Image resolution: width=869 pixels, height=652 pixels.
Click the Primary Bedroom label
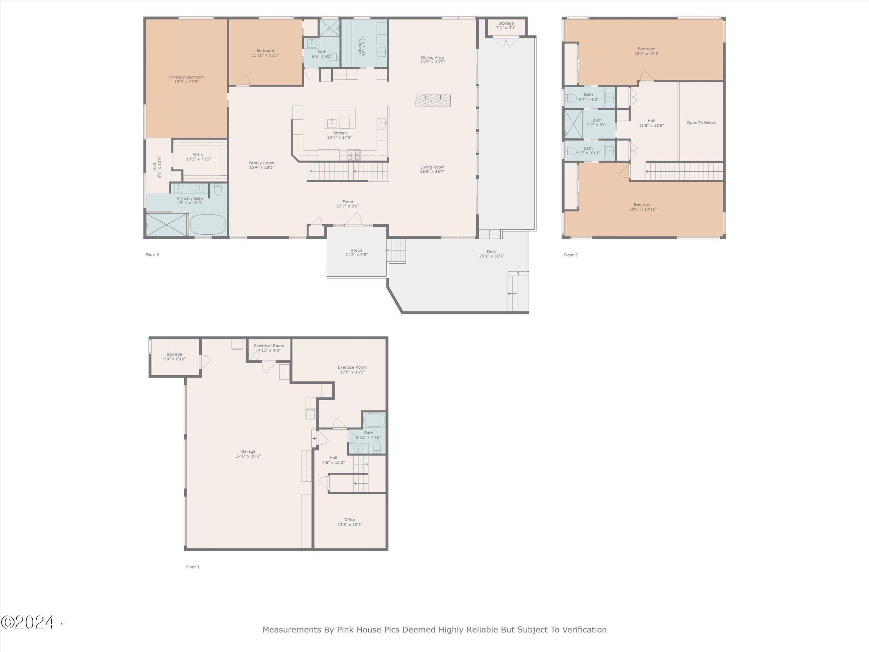click(x=186, y=77)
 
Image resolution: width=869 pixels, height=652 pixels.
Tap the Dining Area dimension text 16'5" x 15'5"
click(x=432, y=62)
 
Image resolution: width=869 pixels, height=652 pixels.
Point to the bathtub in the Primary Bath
click(x=208, y=225)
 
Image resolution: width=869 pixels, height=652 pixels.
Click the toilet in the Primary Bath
click(x=218, y=189)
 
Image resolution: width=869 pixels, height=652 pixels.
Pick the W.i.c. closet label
click(x=198, y=154)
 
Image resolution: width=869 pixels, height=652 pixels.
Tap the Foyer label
click(x=348, y=202)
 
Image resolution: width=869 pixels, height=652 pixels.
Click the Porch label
click(x=356, y=250)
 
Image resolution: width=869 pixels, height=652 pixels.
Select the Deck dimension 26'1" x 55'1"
click(x=491, y=256)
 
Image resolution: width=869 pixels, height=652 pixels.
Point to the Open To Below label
click(x=701, y=123)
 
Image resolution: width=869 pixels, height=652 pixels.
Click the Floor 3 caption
click(x=571, y=255)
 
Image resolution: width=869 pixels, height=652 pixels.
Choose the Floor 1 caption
click(x=193, y=567)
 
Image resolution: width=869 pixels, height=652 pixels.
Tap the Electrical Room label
click(x=269, y=346)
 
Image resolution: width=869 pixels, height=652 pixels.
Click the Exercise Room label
click(x=352, y=367)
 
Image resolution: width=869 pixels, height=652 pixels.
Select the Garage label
click(x=248, y=452)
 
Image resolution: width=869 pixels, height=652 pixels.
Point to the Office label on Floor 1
click(x=350, y=519)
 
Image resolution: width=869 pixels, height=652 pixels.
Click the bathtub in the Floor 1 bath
click(x=374, y=420)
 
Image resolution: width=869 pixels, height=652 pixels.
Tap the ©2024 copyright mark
click(x=27, y=622)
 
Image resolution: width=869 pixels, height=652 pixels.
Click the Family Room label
click(x=261, y=163)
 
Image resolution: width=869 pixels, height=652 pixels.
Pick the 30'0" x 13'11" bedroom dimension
click(x=643, y=209)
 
